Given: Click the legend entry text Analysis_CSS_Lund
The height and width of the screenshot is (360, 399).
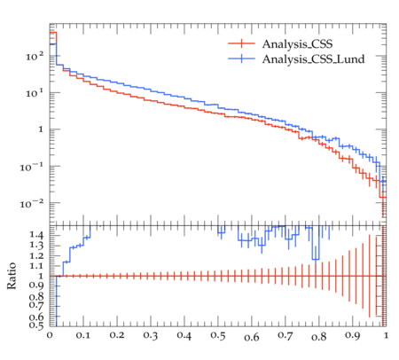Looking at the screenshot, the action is coord(313,59).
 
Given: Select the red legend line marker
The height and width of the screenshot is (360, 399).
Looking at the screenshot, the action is coord(241,43).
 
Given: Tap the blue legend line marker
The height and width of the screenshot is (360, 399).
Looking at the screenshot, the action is coord(241,59).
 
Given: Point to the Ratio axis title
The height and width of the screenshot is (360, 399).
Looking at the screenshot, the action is coord(12,276).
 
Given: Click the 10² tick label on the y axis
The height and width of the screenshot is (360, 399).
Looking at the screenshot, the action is coord(35,56).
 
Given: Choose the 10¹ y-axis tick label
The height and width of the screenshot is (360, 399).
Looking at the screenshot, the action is coord(35,92).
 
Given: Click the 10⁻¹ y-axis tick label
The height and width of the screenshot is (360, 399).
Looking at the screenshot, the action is coord(32,167).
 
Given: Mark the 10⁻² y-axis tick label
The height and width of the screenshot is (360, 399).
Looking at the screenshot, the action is coord(32,203).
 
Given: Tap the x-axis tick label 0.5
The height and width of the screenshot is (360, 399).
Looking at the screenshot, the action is coord(218,336).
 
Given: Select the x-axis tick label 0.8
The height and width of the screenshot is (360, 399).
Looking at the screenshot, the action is coord(319,337).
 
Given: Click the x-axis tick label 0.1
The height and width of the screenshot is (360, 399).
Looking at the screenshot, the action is coord(83,335).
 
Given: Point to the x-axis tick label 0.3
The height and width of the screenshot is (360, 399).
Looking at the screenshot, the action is coord(151,335).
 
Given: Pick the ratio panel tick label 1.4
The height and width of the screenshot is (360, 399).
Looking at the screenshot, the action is coord(36,235).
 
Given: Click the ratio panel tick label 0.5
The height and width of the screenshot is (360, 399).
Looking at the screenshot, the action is coord(36,325).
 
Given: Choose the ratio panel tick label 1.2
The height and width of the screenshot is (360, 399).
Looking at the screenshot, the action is coord(36,255).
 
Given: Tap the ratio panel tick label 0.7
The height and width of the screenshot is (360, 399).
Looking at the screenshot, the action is coord(36,304).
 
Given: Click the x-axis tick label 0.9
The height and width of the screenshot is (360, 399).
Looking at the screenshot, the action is coord(353,335).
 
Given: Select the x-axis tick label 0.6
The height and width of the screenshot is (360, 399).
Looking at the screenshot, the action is coord(252,337).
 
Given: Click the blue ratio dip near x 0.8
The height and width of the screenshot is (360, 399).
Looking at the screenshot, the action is coord(316,260).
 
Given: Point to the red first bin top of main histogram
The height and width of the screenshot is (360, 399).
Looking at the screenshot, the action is coord(53,32).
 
